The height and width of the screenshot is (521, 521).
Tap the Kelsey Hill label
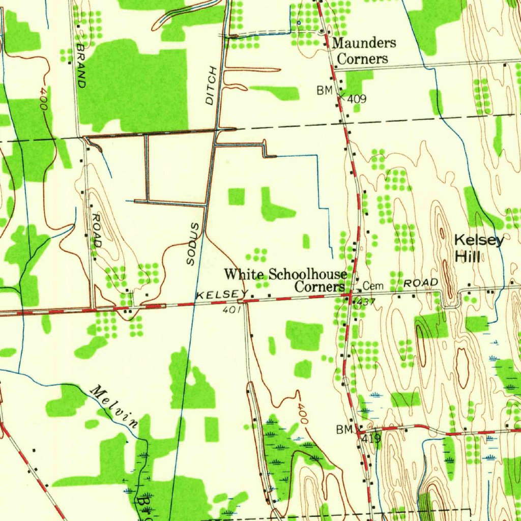(x=479, y=248)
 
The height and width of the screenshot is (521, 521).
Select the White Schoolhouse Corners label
(x=286, y=280)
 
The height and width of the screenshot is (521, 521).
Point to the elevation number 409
(x=357, y=99)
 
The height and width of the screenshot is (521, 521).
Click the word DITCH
(x=211, y=86)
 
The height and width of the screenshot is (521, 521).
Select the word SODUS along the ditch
(x=192, y=243)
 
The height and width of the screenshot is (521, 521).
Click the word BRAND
(x=80, y=65)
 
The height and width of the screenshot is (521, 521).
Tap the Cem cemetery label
(x=373, y=286)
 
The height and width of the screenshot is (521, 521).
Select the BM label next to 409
(x=324, y=91)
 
